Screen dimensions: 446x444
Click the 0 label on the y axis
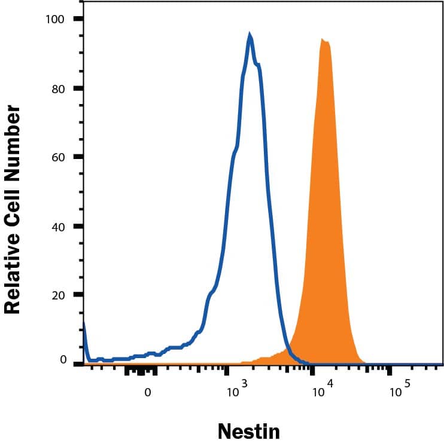(62, 359)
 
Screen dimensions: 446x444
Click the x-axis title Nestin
(248, 430)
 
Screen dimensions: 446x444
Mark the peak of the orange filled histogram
(323, 39)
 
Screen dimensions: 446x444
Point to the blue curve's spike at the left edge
(84, 326)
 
